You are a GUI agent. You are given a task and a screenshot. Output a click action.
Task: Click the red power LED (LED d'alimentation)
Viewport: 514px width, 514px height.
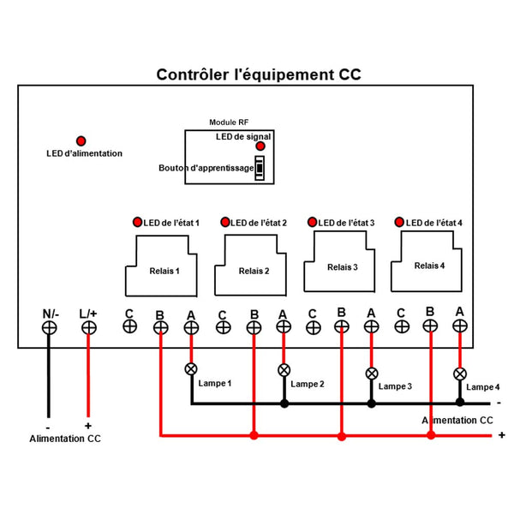click(x=81, y=140)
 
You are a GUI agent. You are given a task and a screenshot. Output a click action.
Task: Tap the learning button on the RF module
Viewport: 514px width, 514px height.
click(x=259, y=168)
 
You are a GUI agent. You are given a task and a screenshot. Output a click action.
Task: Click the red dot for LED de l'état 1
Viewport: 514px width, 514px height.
click(x=137, y=223)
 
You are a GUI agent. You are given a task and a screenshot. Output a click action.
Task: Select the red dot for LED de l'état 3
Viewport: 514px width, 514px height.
click(x=313, y=223)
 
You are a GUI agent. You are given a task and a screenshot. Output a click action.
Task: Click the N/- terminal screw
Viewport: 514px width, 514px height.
click(x=50, y=327)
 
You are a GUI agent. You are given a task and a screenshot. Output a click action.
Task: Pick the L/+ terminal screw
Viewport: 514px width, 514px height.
click(x=88, y=327)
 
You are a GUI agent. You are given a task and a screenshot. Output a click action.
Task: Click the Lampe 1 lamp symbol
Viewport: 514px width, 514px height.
click(x=190, y=369)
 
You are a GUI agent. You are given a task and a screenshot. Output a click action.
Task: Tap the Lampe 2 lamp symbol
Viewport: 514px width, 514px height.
click(x=284, y=370)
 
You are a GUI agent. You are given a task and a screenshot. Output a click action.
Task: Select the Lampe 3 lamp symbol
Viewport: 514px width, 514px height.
click(x=372, y=374)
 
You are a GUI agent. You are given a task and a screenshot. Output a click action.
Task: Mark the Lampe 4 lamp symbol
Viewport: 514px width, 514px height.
click(x=460, y=374)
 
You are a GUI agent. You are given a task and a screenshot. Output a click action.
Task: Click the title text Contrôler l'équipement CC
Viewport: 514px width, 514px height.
click(x=258, y=75)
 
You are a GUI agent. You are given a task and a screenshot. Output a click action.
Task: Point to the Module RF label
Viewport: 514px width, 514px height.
click(x=229, y=123)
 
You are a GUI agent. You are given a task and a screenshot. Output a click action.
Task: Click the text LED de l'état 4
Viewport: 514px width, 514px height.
click(x=433, y=223)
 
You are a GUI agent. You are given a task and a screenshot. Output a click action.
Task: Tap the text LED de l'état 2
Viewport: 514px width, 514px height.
click(x=258, y=223)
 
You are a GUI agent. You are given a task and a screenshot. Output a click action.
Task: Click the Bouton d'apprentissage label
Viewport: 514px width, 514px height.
click(x=206, y=168)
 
